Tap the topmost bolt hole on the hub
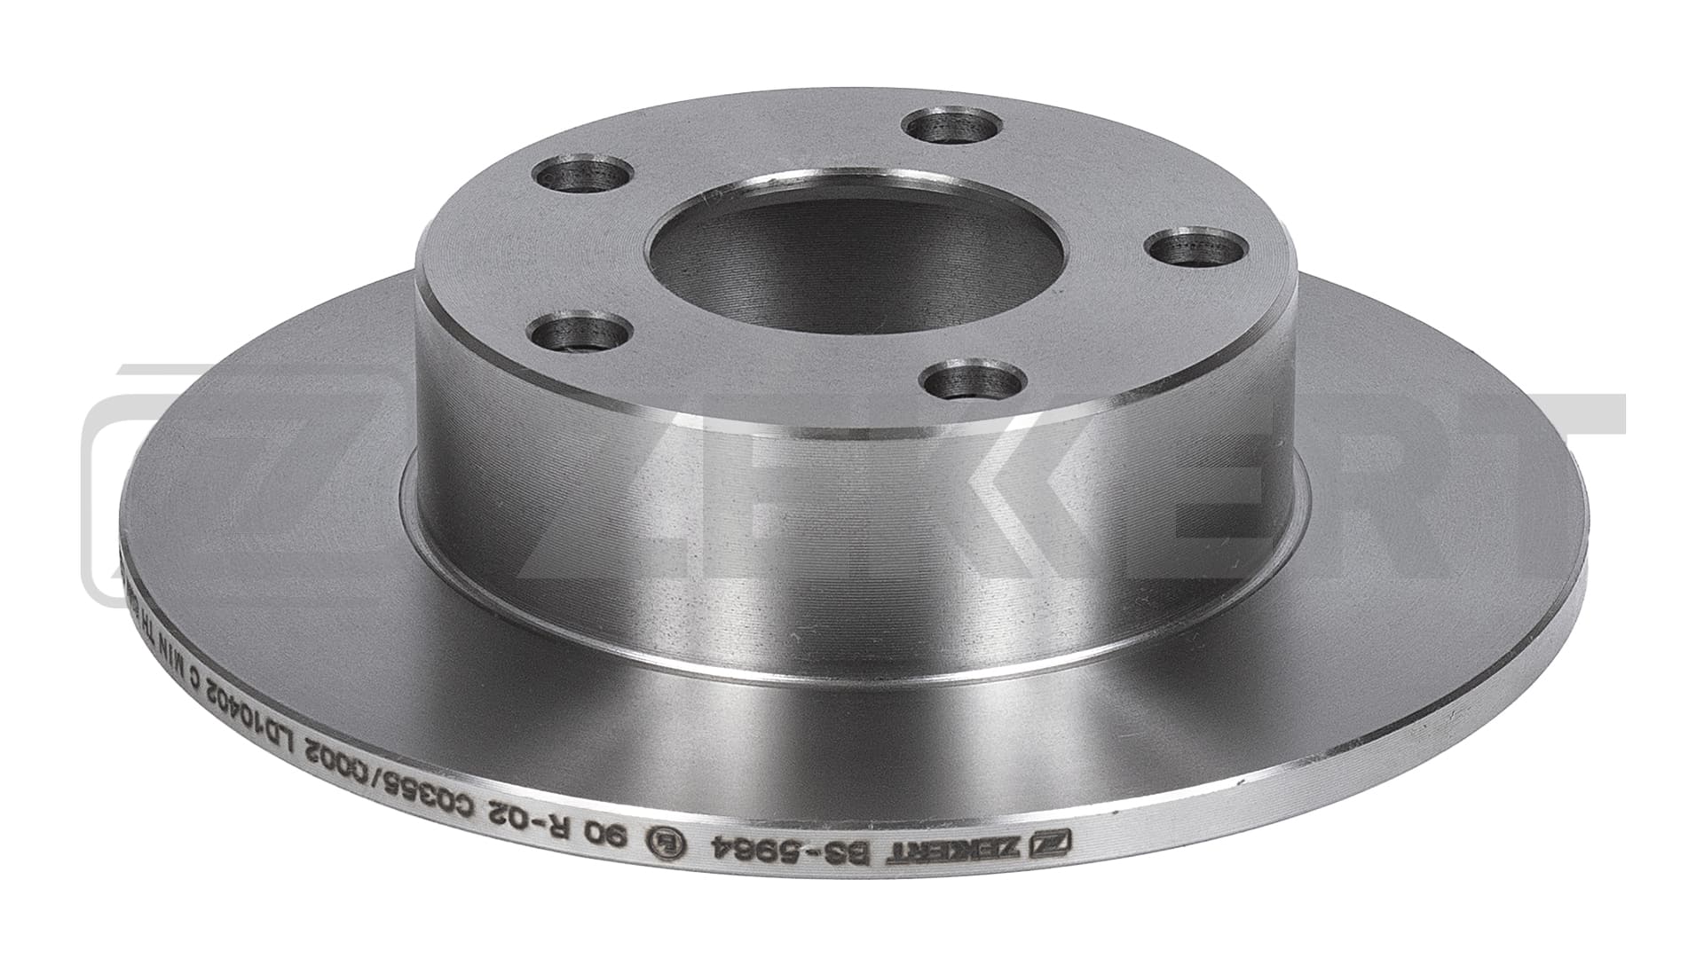coord(951,128)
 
